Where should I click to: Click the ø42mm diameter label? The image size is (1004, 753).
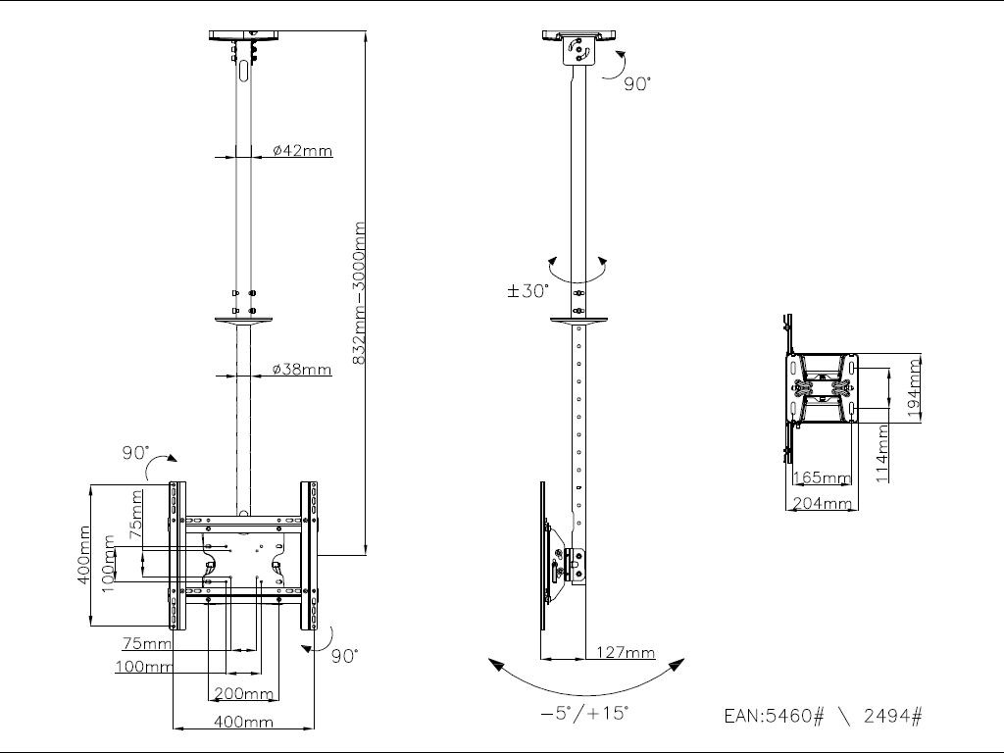(302, 151)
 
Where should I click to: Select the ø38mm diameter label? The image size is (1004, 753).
(302, 370)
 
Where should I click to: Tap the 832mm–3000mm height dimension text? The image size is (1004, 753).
(359, 293)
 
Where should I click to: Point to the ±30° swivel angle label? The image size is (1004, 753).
(527, 291)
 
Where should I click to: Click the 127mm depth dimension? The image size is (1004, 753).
(626, 653)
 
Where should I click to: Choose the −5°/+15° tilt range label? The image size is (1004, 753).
(584, 714)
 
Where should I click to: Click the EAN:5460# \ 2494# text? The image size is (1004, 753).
(823, 716)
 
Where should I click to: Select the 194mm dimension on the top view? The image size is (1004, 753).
(915, 388)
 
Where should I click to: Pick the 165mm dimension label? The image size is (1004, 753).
(821, 478)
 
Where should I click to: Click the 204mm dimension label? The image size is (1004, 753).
(821, 503)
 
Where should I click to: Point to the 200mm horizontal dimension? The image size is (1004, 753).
(243, 694)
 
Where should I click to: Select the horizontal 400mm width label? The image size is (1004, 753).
(243, 723)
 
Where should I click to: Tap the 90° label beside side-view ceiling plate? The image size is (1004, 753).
(636, 84)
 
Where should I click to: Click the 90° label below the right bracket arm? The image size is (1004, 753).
(343, 655)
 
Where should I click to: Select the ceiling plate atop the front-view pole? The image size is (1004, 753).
(244, 36)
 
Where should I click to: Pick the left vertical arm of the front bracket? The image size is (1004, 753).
(176, 555)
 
